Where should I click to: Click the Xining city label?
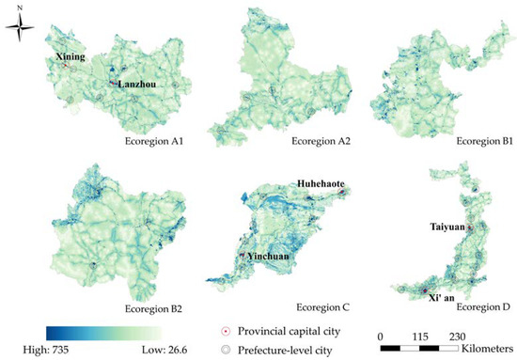(69, 57)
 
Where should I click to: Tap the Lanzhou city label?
(135, 85)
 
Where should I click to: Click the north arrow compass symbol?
(20, 29)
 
